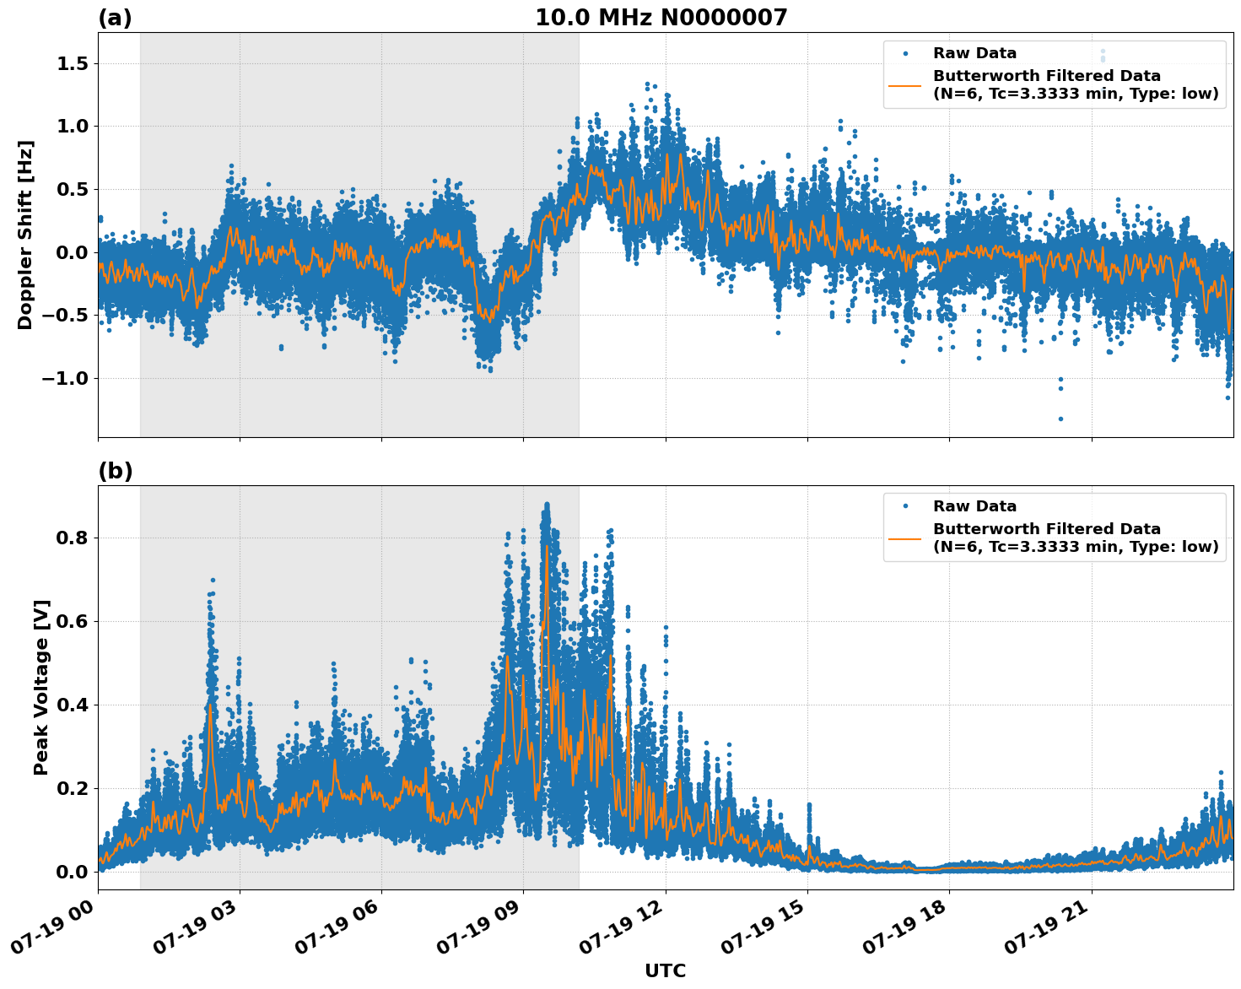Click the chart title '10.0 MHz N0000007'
(661, 18)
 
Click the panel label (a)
(115, 18)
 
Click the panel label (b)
(115, 471)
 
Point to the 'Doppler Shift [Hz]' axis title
(25, 235)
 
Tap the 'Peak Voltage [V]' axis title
(41, 687)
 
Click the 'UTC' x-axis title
(665, 970)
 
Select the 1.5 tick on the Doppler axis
(71, 64)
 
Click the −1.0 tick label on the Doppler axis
(65, 378)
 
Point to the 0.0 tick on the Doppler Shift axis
(71, 252)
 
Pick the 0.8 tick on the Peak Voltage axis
(71, 538)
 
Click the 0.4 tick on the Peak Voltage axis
(71, 705)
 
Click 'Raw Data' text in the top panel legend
(974, 53)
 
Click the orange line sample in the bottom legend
(904, 538)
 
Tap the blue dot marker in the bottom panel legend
(904, 506)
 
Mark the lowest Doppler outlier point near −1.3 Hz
(1060, 419)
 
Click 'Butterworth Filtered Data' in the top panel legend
(1046, 76)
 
